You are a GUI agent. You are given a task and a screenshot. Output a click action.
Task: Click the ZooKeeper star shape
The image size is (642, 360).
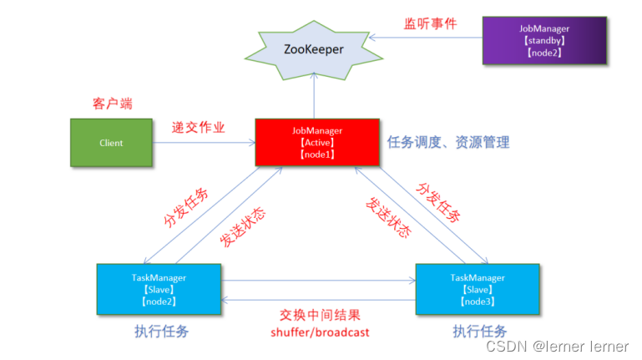click(314, 49)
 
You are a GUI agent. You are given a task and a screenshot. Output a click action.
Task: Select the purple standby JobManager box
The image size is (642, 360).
click(543, 40)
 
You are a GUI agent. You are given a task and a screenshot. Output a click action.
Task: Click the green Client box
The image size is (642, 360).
click(111, 143)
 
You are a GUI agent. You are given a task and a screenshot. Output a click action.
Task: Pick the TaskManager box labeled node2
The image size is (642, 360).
click(159, 288)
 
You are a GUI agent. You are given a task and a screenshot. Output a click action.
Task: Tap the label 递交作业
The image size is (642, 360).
click(200, 128)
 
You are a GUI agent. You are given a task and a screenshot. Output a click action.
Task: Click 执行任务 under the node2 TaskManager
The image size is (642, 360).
click(161, 331)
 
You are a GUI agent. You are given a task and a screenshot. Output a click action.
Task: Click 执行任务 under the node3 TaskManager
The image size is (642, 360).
click(480, 331)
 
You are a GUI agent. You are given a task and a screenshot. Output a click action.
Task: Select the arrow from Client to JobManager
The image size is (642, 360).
click(204, 143)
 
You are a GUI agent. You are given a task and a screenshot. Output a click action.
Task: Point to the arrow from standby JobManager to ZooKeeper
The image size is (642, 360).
click(426, 37)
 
